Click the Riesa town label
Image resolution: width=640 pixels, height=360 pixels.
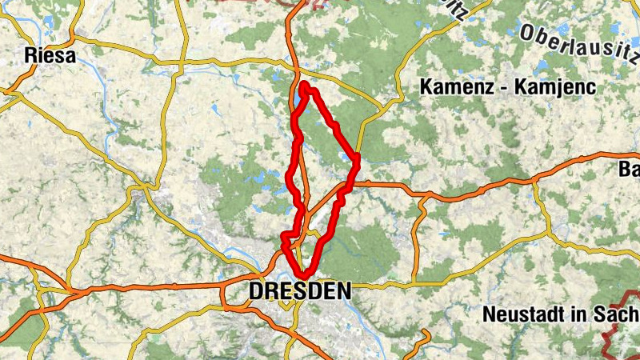[x=50, y=56]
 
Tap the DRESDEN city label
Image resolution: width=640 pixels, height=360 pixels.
[x=299, y=291]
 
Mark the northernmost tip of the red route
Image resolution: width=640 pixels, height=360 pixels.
[x=305, y=84]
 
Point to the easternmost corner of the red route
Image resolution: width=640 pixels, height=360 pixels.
[x=357, y=158]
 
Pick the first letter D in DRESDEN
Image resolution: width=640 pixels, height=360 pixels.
[x=257, y=291]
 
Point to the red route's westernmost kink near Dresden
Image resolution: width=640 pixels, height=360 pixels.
[x=283, y=236]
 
